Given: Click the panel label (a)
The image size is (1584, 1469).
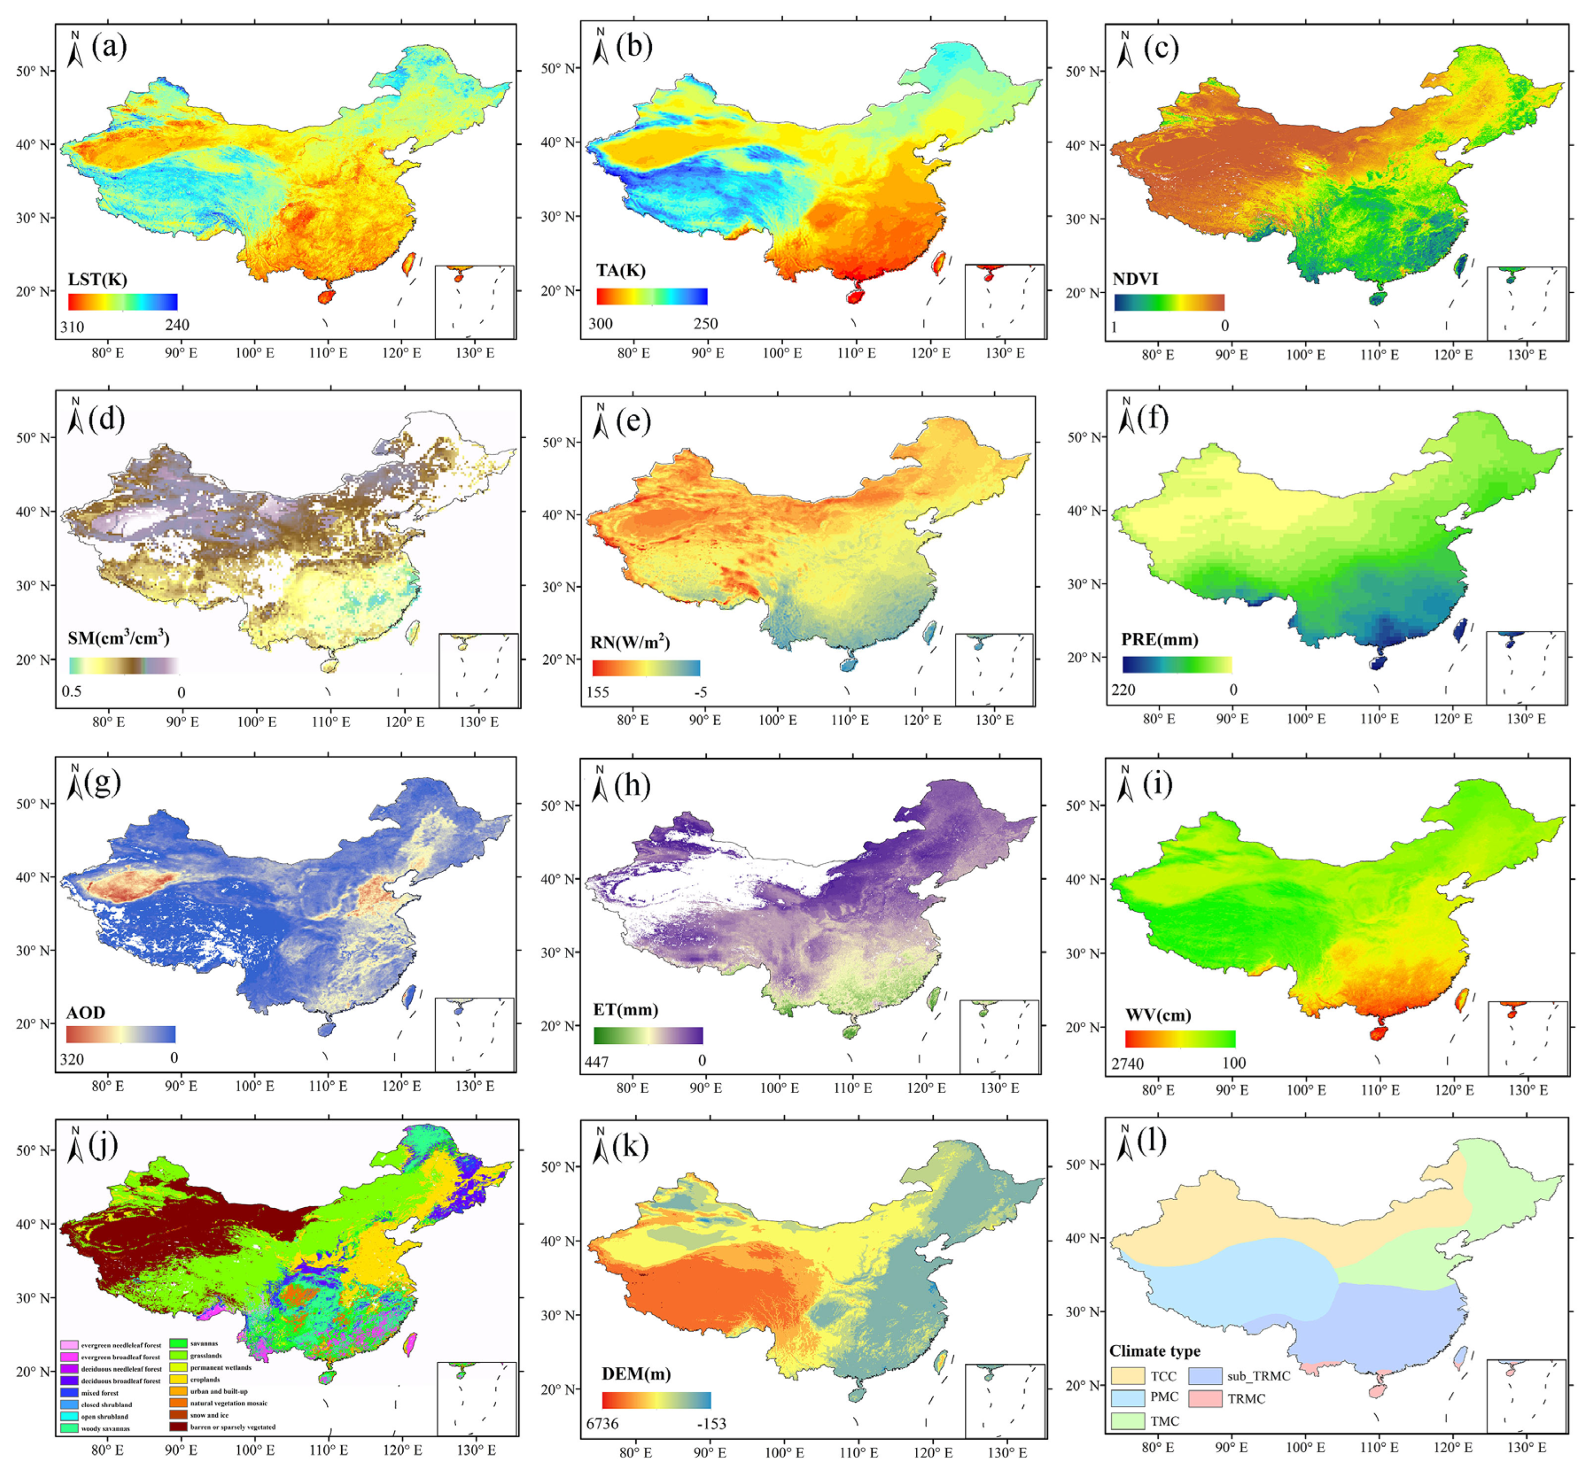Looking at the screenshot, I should pos(109,48).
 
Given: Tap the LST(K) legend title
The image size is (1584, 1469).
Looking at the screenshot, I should pos(97,279).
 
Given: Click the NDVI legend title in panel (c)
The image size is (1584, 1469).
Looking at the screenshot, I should pos(1135,279).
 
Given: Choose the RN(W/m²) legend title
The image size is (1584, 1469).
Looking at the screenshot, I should pos(629,643).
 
